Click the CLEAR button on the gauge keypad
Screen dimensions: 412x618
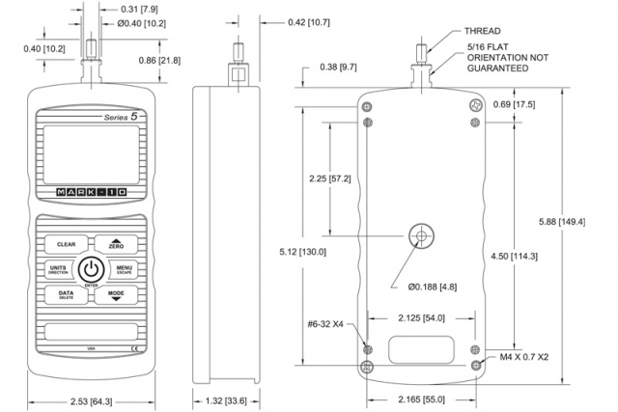66,245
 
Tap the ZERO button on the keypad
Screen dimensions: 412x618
116,245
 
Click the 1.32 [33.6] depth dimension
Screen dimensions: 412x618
228,398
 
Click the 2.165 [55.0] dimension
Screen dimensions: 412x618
422,398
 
